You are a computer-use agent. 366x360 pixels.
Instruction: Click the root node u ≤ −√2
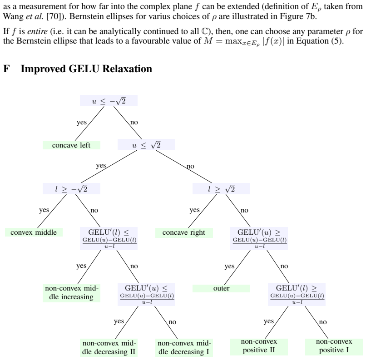click(x=109, y=101)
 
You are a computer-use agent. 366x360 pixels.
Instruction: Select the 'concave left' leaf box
click(x=71, y=145)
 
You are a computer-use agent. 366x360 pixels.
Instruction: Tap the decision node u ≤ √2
click(x=146, y=145)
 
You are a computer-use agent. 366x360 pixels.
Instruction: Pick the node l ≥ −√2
click(x=71, y=188)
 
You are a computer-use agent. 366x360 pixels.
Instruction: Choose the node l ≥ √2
click(x=221, y=188)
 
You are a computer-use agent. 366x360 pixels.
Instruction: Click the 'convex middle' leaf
click(x=34, y=232)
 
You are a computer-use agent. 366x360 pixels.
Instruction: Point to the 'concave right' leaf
click(x=184, y=232)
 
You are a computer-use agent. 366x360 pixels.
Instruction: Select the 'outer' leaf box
click(x=221, y=288)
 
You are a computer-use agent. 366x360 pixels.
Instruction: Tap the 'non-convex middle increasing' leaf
click(x=71, y=292)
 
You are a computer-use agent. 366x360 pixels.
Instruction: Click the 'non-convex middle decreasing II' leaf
click(x=109, y=348)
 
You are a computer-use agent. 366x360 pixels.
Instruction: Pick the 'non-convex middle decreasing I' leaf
click(x=184, y=348)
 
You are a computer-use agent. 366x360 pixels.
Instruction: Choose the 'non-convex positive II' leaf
click(x=259, y=346)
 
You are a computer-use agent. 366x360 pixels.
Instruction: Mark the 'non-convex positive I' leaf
click(x=334, y=346)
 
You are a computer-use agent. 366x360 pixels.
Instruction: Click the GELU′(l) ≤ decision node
click(x=109, y=238)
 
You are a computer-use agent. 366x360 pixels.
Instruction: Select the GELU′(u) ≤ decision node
click(x=146, y=294)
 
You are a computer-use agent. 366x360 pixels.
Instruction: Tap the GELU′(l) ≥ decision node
click(x=297, y=294)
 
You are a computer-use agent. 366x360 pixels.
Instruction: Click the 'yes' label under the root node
click(x=81, y=122)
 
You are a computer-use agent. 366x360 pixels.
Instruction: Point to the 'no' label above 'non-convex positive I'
click(x=323, y=322)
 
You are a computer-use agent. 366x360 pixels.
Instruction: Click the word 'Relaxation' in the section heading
click(x=127, y=69)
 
